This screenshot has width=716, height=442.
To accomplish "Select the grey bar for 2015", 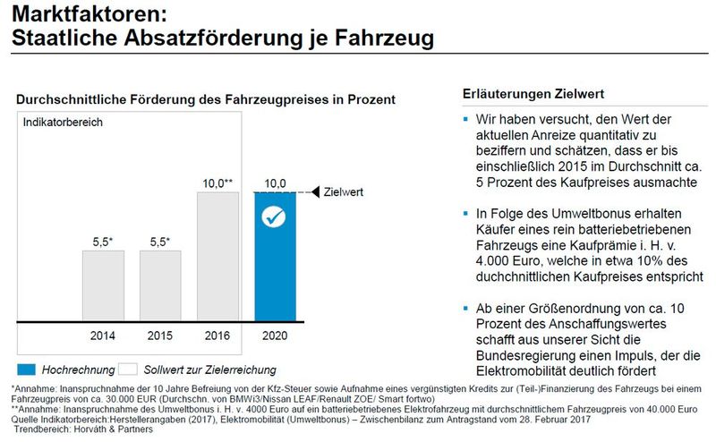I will [159, 285].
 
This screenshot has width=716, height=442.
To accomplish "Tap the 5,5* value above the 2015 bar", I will [160, 242].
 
